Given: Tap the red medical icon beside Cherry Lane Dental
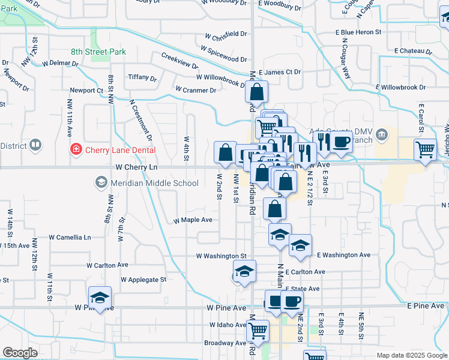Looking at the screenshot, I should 76,149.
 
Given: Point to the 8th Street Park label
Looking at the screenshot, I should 98,52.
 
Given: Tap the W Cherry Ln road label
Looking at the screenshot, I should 136,167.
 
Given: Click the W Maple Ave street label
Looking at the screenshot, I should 193,220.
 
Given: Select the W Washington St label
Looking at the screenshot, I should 221,256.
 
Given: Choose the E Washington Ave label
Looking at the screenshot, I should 343,254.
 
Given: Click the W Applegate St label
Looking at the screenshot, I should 143,280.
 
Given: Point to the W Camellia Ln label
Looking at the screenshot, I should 70,238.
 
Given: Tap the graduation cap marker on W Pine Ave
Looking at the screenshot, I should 100,297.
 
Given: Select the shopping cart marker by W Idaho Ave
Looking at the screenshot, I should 258,329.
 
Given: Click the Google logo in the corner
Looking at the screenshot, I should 20,353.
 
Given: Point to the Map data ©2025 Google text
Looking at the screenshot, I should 412,355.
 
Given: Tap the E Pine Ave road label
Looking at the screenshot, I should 425,306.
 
